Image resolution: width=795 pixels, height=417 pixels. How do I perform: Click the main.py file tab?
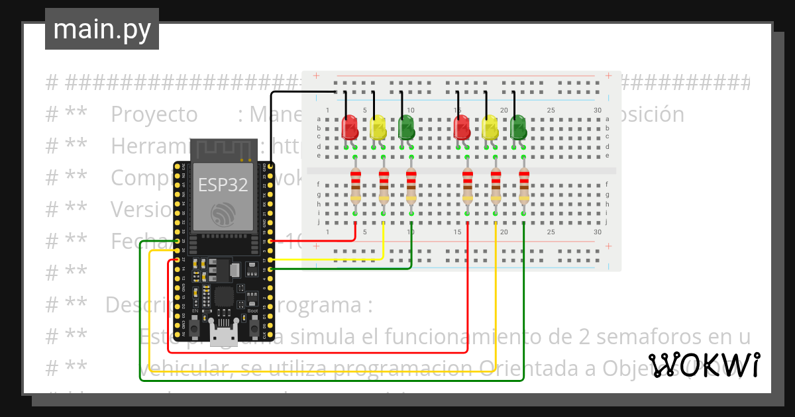click(101, 29)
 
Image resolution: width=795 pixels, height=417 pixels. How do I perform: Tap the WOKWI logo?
click(704, 365)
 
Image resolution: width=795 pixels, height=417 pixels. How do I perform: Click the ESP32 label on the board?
click(223, 184)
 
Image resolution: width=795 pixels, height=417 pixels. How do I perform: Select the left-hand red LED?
click(349, 127)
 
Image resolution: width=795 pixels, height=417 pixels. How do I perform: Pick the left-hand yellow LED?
click(378, 127)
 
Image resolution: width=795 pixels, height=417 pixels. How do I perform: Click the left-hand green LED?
click(406, 127)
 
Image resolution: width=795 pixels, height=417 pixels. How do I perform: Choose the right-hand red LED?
click(462, 127)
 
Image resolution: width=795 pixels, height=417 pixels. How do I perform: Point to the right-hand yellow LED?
click(490, 127)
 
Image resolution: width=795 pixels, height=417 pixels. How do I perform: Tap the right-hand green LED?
click(518, 127)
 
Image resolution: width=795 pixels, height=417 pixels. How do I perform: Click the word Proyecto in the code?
click(154, 115)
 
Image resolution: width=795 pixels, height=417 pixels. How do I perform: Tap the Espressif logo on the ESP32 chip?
click(223, 214)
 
